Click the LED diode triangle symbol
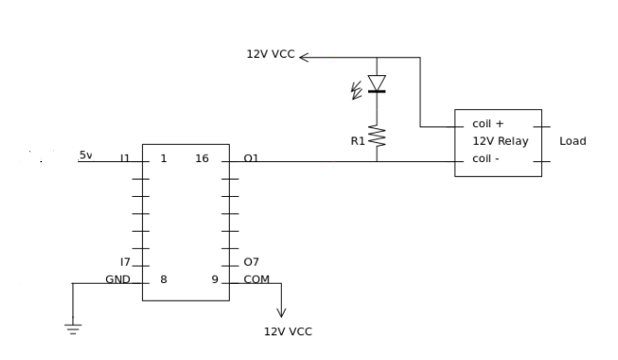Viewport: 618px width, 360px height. [x=377, y=83]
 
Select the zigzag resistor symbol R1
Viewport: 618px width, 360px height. [x=377, y=136]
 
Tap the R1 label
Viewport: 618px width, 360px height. [x=358, y=141]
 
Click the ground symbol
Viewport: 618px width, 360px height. [x=73, y=329]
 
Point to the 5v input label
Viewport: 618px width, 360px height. [x=86, y=155]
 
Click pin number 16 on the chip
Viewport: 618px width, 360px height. [x=201, y=158]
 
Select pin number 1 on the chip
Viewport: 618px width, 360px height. [x=164, y=158]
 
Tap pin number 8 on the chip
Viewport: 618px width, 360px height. [x=164, y=279]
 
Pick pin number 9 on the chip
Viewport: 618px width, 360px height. [x=215, y=279]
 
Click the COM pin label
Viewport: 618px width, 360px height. [x=256, y=279]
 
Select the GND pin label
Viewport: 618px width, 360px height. [x=118, y=279]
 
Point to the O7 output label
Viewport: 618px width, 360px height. [x=251, y=262]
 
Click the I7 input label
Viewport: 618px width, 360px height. [x=125, y=262]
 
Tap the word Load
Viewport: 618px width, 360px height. [x=572, y=141]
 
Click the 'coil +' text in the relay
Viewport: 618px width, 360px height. [x=488, y=124]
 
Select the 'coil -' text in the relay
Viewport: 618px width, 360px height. [x=485, y=158]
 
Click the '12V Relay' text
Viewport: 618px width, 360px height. [x=500, y=141]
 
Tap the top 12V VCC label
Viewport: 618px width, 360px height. [x=270, y=54]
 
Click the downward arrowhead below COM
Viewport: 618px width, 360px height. [x=281, y=312]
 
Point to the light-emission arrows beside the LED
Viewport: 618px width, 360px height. [x=356, y=91]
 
